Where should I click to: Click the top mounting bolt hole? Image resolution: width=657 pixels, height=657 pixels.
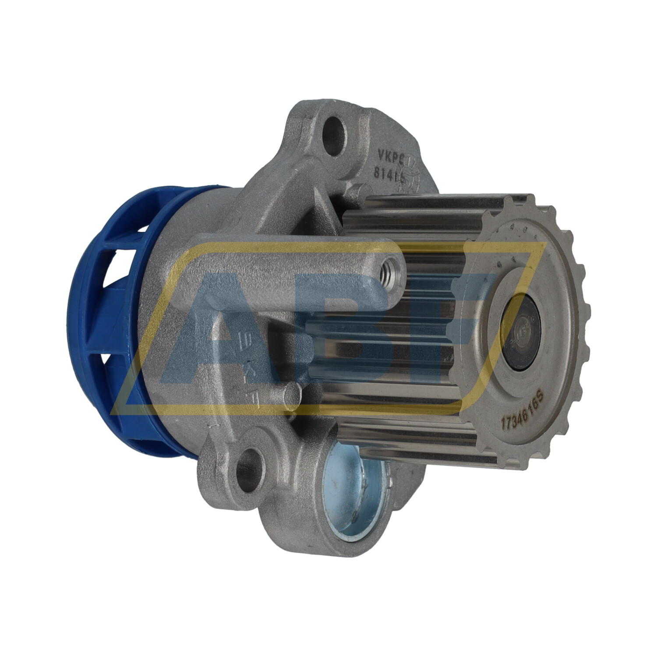click(x=336, y=130)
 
